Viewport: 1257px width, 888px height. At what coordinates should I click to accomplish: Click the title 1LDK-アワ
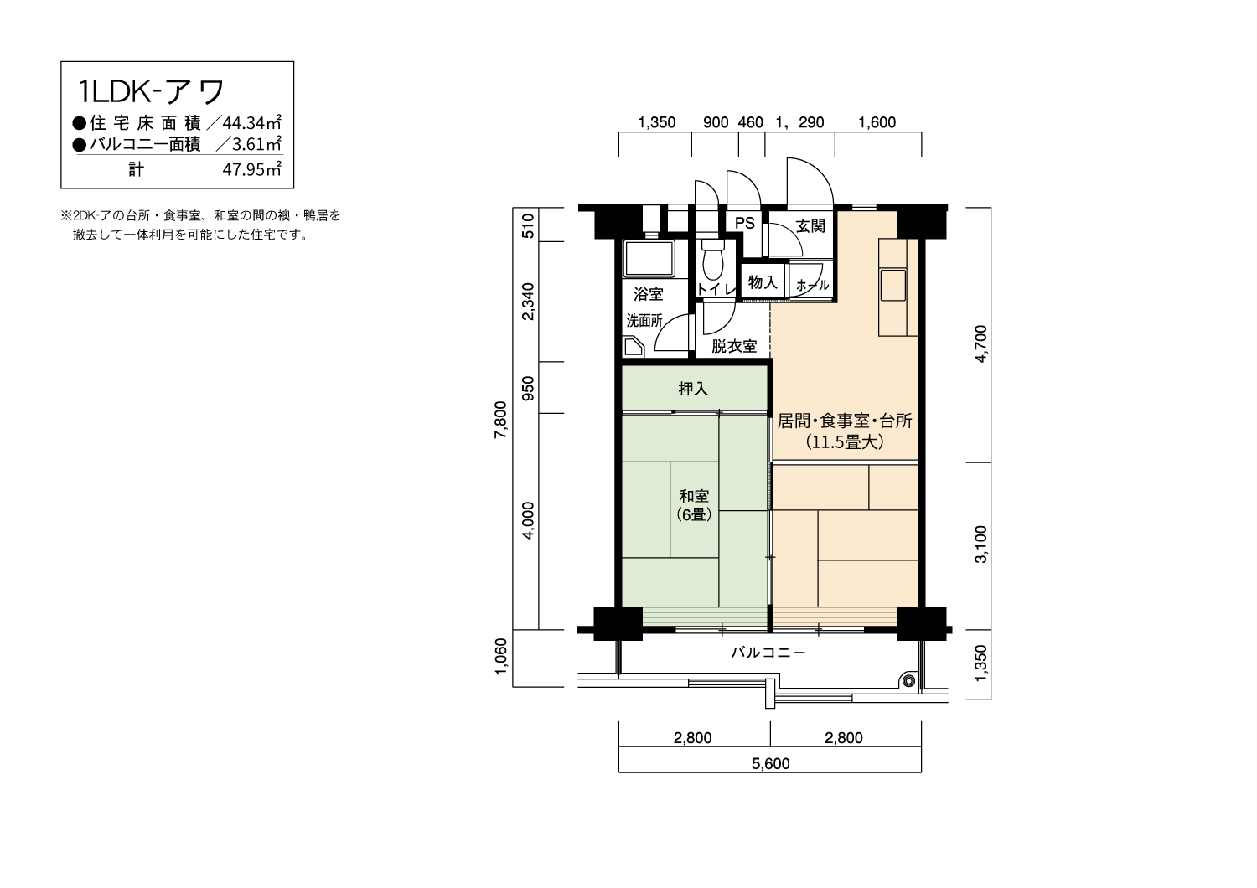click(151, 90)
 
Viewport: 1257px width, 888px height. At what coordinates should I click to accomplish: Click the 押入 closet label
click(693, 389)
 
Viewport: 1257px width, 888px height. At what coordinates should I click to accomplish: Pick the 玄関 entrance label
click(810, 226)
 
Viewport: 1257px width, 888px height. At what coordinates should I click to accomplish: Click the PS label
click(745, 224)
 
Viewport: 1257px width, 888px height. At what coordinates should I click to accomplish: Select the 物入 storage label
click(763, 282)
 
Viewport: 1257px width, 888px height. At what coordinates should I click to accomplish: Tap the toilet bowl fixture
click(712, 261)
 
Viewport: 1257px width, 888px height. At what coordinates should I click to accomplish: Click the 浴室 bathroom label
click(649, 294)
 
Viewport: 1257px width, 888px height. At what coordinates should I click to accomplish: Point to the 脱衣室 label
click(734, 346)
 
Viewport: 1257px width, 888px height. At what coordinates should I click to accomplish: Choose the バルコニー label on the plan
click(768, 653)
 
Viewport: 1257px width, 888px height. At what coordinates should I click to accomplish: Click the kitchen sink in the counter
click(892, 285)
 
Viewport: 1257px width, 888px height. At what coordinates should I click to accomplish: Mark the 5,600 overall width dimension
click(770, 763)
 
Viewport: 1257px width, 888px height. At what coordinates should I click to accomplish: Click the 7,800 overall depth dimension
click(501, 420)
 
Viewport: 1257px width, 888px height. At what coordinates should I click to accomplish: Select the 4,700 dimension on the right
click(981, 341)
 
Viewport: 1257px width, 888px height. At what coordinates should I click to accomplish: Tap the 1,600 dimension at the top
click(877, 122)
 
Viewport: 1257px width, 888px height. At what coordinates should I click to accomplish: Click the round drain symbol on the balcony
click(908, 679)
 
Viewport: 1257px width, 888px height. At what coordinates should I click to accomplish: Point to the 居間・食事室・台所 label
click(845, 421)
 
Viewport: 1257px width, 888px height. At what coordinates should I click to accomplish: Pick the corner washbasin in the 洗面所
click(631, 347)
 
